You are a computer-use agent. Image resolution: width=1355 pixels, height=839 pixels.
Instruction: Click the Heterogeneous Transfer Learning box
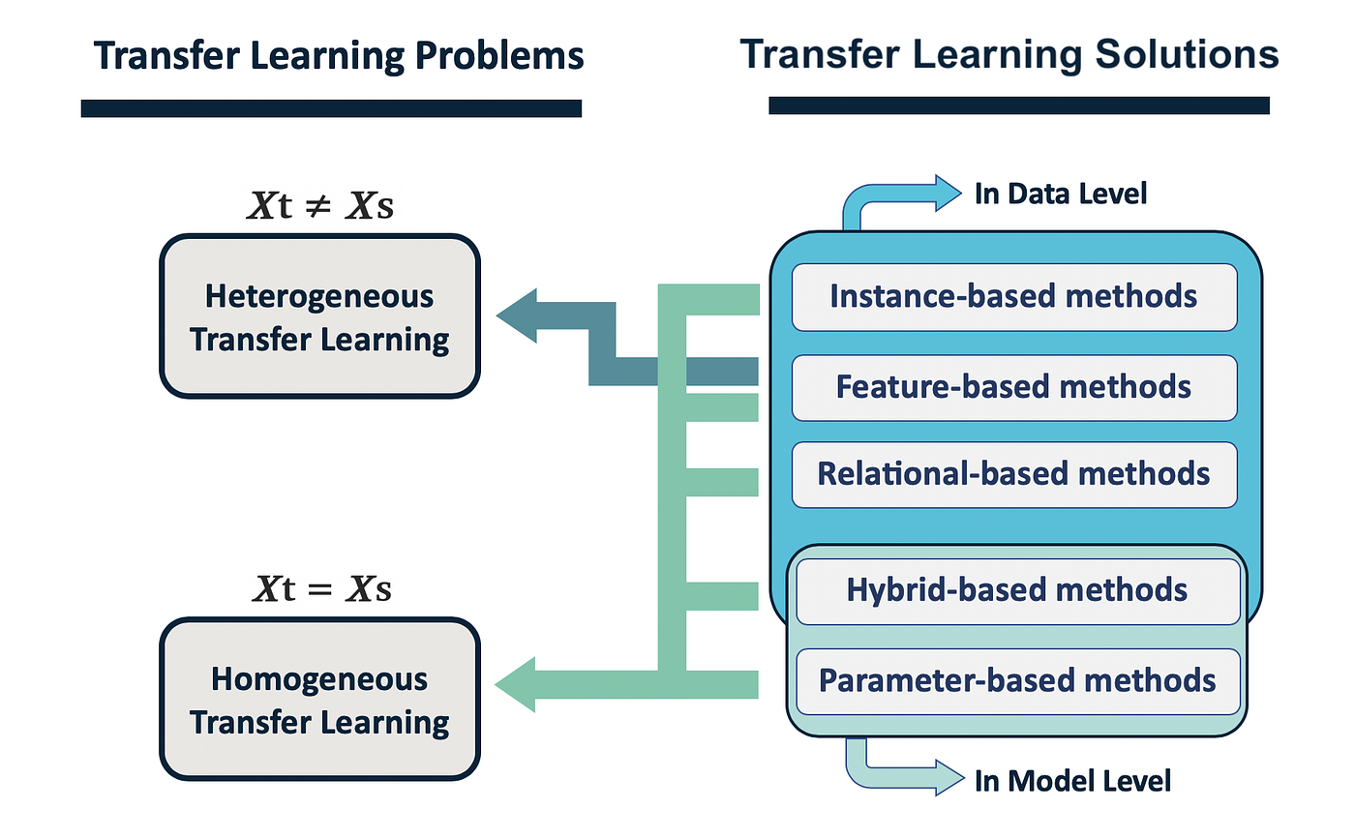[x=319, y=316]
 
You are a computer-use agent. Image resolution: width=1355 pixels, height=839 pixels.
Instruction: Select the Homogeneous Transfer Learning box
[x=319, y=700]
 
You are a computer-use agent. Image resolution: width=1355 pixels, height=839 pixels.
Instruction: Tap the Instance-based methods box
[x=1013, y=296]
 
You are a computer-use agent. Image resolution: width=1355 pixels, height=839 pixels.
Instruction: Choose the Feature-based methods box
[x=1013, y=387]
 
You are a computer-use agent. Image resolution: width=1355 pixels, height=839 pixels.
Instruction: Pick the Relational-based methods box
[x=1013, y=474]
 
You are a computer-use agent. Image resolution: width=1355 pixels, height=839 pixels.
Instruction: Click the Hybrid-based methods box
[x=1016, y=589]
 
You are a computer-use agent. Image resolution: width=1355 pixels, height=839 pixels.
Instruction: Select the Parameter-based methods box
[x=1016, y=679]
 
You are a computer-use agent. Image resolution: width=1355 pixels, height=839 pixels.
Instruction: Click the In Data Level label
[x=1060, y=194]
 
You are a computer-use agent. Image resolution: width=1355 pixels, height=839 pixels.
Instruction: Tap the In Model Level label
[x=1072, y=780]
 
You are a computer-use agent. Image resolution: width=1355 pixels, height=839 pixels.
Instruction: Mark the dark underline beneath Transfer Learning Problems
[x=331, y=108]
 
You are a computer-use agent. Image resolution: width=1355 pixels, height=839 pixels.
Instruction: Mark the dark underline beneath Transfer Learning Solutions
[x=1018, y=105]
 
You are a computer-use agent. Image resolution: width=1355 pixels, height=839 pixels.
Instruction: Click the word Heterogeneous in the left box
[x=319, y=295]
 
